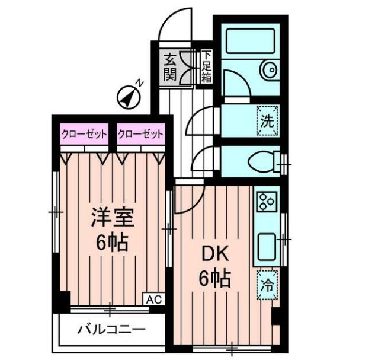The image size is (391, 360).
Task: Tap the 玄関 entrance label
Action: coord(171,67)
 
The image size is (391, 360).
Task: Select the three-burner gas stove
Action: coord(266,202)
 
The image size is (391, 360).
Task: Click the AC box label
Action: coord(152,300)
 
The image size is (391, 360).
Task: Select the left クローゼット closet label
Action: coord(84,135)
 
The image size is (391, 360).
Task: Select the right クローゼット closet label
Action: coord(140,135)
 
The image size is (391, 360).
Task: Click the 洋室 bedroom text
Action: coord(113,219)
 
